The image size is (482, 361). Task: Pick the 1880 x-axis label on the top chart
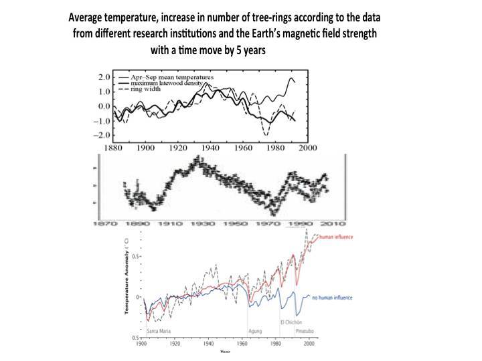tap(112, 147)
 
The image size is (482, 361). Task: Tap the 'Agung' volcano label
tap(255, 330)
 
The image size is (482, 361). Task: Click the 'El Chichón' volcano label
tap(292, 322)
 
